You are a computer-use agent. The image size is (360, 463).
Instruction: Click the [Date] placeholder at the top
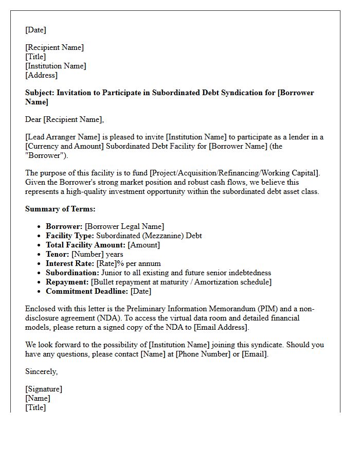point(35,30)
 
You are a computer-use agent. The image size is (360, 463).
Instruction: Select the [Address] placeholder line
point(42,75)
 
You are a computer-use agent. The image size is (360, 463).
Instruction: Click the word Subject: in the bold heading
point(40,93)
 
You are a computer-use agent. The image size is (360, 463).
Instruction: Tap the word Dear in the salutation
point(33,119)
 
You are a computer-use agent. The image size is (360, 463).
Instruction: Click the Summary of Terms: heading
point(60,209)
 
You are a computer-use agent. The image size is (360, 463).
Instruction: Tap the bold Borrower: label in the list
point(64,226)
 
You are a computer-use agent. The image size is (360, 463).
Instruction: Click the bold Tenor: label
point(58,254)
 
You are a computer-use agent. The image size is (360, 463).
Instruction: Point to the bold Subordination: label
point(73,273)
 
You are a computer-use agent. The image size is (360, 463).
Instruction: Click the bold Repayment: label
point(67,282)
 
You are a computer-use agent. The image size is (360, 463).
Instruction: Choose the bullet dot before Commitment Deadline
point(40,291)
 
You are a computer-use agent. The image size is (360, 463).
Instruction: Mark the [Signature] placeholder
point(44,389)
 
